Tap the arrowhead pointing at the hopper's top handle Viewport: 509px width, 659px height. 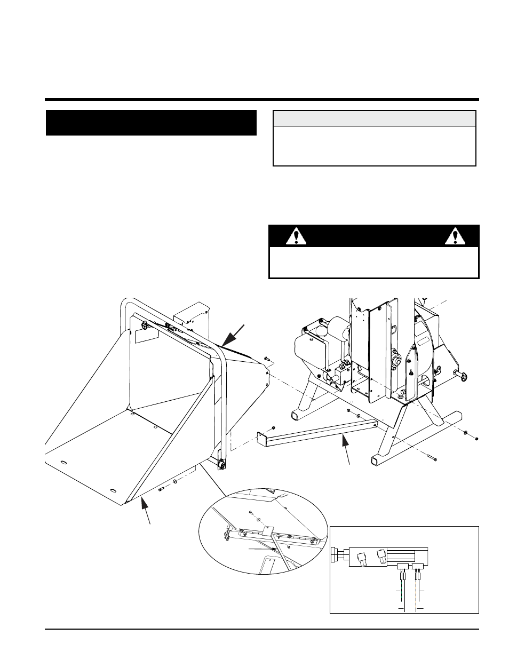(x=226, y=338)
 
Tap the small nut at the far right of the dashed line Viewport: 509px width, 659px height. (x=476, y=438)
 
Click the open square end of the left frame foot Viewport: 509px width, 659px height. (x=295, y=415)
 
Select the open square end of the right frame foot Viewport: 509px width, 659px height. (x=375, y=459)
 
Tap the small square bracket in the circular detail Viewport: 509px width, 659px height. (x=268, y=531)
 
